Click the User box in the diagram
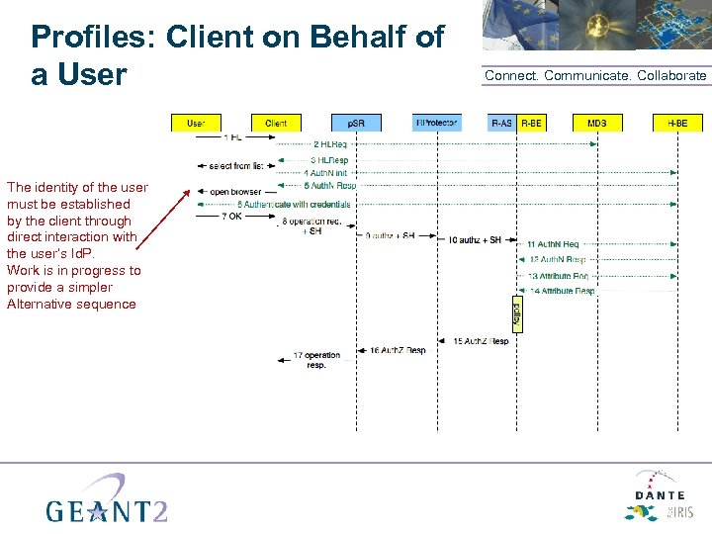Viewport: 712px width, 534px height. (196, 123)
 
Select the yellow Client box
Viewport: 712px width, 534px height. (276, 123)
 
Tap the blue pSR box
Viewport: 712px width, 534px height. (356, 123)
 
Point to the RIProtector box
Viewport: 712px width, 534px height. (436, 123)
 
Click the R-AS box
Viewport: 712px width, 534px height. (501, 123)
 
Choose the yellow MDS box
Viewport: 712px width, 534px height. (597, 123)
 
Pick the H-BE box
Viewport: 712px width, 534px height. (677, 123)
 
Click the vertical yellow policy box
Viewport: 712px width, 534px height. (516, 312)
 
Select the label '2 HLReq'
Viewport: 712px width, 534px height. (329, 144)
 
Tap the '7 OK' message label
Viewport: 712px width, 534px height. (231, 216)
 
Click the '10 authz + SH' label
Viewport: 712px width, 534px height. (475, 239)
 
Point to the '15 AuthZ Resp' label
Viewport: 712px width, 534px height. (481, 341)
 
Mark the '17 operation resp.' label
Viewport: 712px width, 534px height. (316, 359)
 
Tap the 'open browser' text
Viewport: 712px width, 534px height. (235, 191)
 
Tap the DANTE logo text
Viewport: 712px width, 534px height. (660, 495)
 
